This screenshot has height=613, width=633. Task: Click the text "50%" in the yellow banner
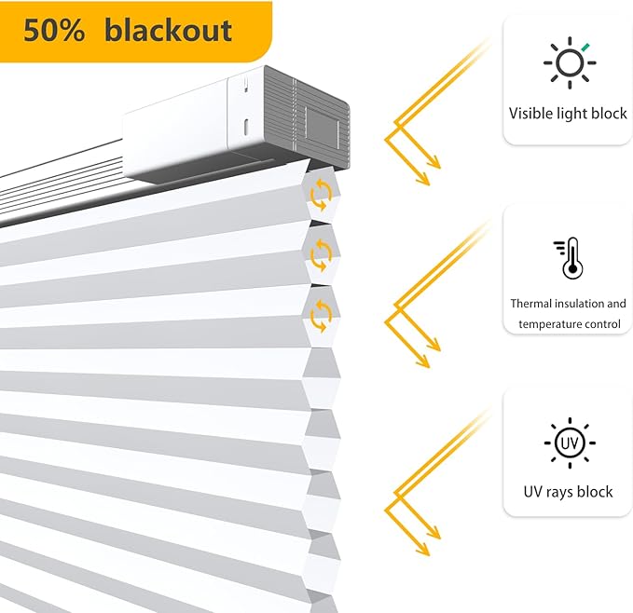point(54,30)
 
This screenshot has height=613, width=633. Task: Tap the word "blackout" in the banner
point(169,30)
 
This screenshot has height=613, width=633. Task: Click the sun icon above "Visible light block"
point(570,62)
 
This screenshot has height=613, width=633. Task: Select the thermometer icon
point(569,258)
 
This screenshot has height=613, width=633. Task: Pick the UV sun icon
point(570,443)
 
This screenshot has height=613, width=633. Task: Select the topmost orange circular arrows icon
point(321,195)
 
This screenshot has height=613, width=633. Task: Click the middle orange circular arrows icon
point(321,255)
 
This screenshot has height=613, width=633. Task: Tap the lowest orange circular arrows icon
point(321,316)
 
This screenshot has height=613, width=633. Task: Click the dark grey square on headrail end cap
point(322,129)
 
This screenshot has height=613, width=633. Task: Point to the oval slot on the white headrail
point(245,128)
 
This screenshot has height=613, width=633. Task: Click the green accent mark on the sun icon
point(585,47)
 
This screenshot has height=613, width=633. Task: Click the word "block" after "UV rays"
point(595,492)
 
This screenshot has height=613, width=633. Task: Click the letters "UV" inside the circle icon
point(570,443)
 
